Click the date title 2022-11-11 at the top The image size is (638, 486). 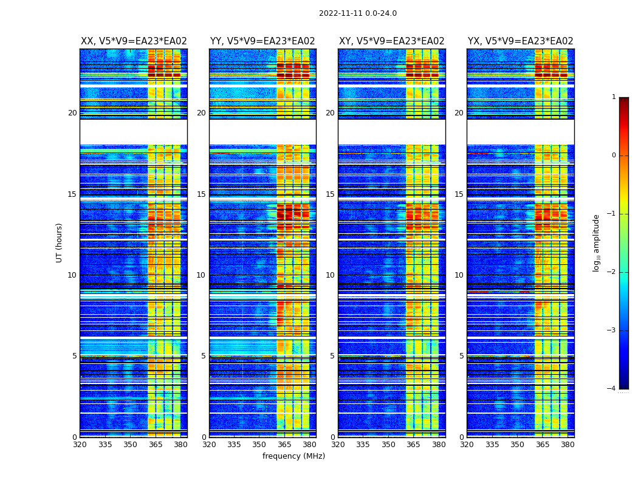(x=357, y=13)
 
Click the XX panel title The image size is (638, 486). (x=134, y=41)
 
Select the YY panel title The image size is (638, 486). (x=262, y=41)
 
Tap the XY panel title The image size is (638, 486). (x=391, y=41)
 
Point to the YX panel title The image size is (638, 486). (x=520, y=41)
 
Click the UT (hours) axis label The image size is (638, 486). (x=60, y=242)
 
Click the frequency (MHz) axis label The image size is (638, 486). (x=293, y=456)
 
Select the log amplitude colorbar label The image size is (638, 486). (x=597, y=242)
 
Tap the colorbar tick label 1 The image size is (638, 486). (x=614, y=97)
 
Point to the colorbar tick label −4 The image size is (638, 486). (x=612, y=389)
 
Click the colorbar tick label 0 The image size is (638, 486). (x=614, y=156)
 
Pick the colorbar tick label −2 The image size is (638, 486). (x=612, y=272)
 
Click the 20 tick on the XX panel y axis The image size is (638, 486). (x=72, y=113)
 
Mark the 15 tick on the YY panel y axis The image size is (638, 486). (x=201, y=194)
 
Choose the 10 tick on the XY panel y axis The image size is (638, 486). (x=330, y=275)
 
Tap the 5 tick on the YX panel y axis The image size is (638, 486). (x=461, y=356)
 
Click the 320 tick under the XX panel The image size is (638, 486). (x=80, y=445)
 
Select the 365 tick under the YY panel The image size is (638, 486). (x=284, y=445)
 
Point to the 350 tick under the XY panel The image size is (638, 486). (x=388, y=445)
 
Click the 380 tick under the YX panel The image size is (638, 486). (x=568, y=445)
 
